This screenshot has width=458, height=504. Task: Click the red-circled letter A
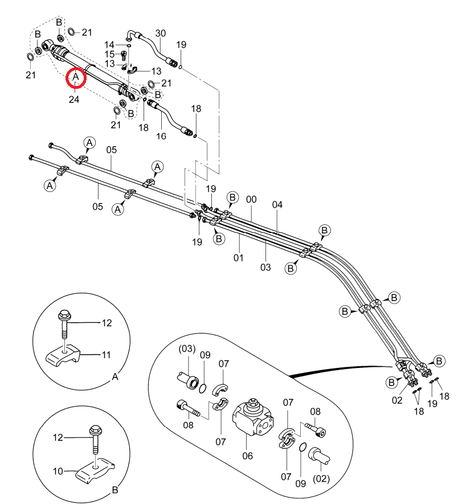coord(76,77)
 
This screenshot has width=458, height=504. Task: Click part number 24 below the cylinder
coord(74,99)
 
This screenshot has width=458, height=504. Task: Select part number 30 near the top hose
coord(161,34)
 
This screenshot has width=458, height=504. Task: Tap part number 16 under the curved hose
coord(161,136)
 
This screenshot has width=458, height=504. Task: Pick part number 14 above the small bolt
coord(109,44)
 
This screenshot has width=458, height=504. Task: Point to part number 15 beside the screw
coord(109,54)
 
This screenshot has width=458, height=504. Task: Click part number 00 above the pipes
coord(251,200)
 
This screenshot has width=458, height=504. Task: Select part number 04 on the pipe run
coord(277,205)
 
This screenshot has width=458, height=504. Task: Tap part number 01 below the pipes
coord(238,257)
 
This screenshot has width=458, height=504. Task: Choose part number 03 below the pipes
coord(265,267)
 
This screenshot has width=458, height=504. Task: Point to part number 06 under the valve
coord(248,456)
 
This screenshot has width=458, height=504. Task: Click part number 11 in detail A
coord(106,355)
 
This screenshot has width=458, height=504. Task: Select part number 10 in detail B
coord(58,471)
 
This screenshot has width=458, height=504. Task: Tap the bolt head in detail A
coord(63,314)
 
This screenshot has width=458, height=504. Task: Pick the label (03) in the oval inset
coord(187,349)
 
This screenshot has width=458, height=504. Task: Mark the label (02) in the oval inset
coord(321,478)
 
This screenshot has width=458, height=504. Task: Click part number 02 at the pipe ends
coord(397,400)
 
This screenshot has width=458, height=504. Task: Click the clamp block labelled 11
coord(63,355)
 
